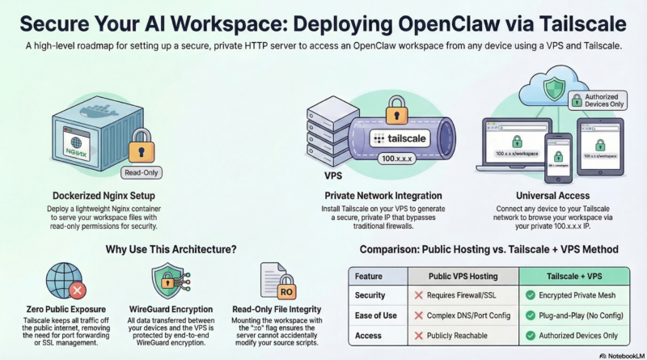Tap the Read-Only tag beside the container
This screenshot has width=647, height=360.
pos(141,172)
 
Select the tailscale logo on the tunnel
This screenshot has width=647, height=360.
pos(405,138)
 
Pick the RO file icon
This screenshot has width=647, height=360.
pos(273,284)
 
